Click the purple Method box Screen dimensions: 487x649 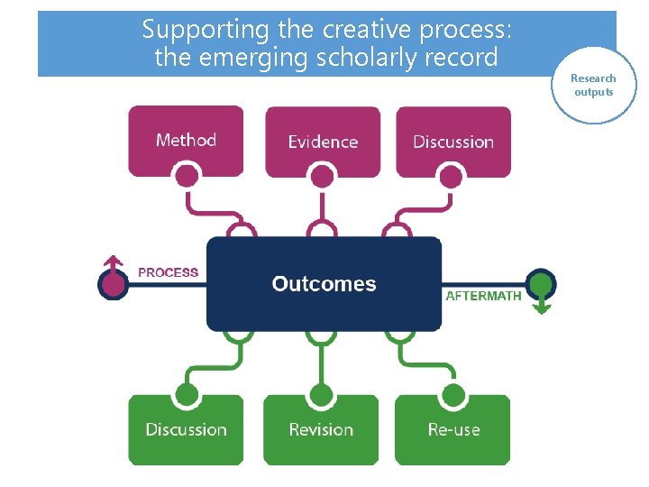point(186,140)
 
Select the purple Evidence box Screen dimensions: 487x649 point(322,142)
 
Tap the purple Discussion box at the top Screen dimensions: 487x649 point(453,142)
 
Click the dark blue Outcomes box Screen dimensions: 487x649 point(324,284)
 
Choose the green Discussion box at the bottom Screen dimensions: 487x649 point(186,429)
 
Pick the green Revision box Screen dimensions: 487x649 point(321,429)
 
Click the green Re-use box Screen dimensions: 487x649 point(453,429)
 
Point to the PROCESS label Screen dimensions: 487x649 point(168,272)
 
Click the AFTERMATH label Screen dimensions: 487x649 point(484,296)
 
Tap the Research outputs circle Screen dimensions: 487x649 point(593,85)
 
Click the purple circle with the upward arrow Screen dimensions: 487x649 point(113,284)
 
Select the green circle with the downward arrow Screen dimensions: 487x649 point(541,285)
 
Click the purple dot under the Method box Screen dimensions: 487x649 point(187,175)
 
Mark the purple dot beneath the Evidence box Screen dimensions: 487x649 point(322,175)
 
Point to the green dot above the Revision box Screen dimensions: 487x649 point(320,395)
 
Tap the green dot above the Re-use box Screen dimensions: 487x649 point(453,395)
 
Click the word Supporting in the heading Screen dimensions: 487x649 point(206,30)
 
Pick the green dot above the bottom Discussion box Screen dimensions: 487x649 point(187,395)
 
